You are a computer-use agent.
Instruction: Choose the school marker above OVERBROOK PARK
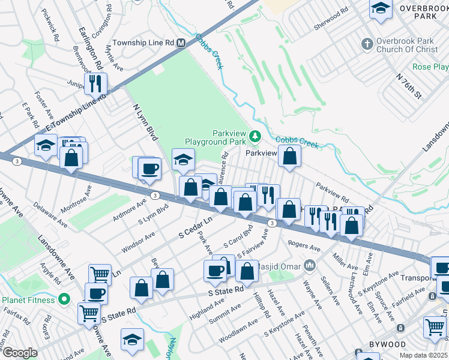click(x=381, y=10)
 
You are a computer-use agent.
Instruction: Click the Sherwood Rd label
click(x=331, y=19)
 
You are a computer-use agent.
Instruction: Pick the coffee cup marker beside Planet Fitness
click(x=96, y=294)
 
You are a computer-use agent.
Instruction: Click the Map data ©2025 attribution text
click(x=424, y=355)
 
